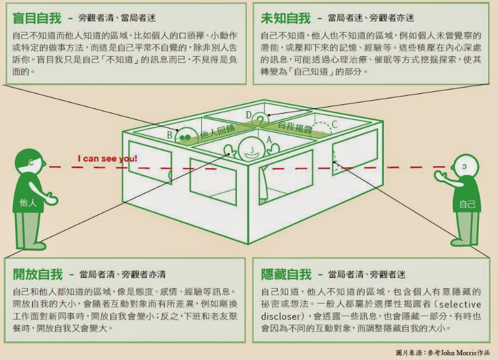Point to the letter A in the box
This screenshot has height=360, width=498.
[x=268, y=140]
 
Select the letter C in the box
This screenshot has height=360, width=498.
[x=334, y=124]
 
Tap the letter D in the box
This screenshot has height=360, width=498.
[x=248, y=115]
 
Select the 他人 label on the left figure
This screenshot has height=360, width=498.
[x=29, y=201]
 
